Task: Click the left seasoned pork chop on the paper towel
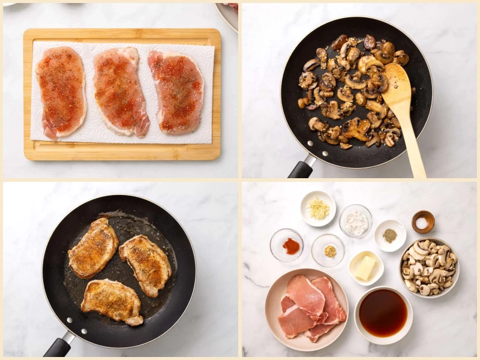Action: [61, 91]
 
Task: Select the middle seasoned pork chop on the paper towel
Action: [121, 90]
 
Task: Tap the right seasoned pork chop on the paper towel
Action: [177, 91]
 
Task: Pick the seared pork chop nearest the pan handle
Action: [112, 302]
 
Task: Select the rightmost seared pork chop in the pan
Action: [146, 263]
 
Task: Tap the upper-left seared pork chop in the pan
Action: [93, 248]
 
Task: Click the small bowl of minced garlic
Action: [318, 209]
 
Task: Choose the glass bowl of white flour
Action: [355, 222]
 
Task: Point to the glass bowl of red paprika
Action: [287, 245]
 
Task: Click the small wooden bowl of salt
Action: [423, 221]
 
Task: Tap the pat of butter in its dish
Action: [366, 267]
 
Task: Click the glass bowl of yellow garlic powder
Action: [328, 250]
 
